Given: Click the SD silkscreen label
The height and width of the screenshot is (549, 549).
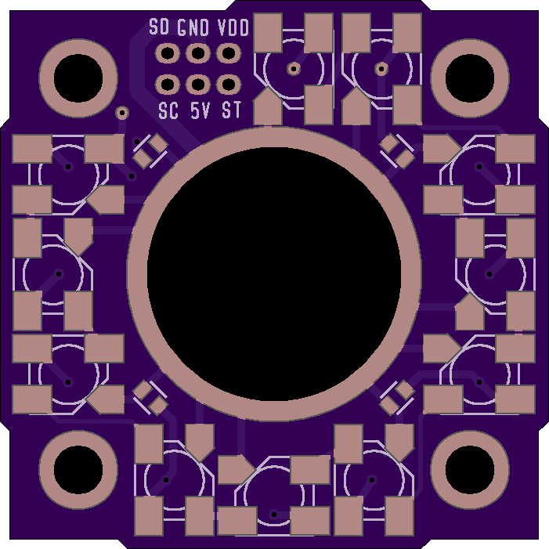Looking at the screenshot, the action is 159,27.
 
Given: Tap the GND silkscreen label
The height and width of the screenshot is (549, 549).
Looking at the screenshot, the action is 193,27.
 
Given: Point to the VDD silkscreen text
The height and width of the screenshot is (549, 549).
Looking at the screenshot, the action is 233,27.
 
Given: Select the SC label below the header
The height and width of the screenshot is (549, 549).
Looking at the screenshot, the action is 168,110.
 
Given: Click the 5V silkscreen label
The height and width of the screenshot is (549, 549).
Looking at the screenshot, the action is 200,110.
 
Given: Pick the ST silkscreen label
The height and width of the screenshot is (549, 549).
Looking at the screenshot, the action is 232,110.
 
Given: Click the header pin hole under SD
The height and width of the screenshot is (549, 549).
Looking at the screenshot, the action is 168,53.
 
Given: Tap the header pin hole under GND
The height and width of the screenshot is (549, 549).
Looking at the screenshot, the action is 198,53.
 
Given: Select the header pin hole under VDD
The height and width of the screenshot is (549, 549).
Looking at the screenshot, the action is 229,53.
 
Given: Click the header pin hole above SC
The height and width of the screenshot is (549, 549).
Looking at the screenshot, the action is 168,85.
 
